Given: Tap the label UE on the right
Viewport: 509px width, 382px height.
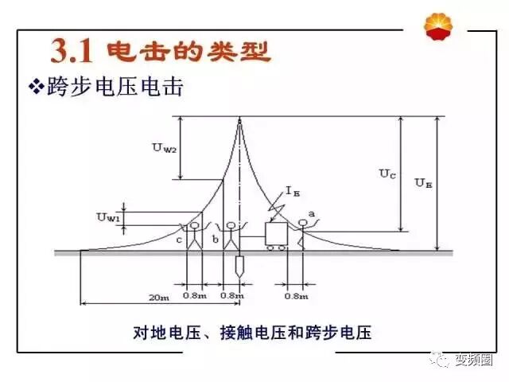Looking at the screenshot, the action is [423, 182].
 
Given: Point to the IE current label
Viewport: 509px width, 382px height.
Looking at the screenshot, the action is [293, 191].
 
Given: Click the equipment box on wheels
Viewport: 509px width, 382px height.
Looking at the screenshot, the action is [277, 234].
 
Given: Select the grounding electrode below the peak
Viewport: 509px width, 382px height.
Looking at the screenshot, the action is [239, 267].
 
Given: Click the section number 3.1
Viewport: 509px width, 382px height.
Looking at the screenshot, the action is [73, 51].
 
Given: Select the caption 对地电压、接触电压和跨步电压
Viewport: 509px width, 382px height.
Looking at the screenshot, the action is [252, 332].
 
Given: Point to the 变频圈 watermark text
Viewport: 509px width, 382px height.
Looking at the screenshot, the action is [475, 361].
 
